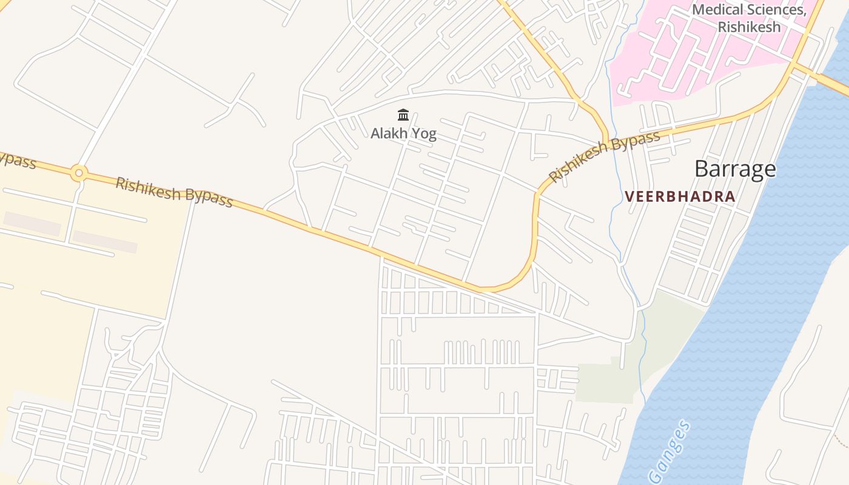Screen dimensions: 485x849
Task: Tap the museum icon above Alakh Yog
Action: click(x=403, y=115)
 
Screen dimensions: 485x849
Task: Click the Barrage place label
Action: click(x=735, y=169)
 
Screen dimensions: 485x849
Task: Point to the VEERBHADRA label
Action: click(x=680, y=196)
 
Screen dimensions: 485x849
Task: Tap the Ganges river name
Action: click(x=669, y=452)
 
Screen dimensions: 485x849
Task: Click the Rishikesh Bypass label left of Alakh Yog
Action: click(x=174, y=192)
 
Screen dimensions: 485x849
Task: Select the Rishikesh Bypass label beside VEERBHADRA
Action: click(x=604, y=156)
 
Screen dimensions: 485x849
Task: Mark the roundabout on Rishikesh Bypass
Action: click(x=78, y=173)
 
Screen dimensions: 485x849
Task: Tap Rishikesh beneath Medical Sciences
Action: click(x=749, y=27)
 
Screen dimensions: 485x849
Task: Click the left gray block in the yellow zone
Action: click(x=32, y=223)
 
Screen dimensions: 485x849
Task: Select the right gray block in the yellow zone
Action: click(x=105, y=241)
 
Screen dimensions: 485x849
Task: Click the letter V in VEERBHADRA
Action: click(x=629, y=196)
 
